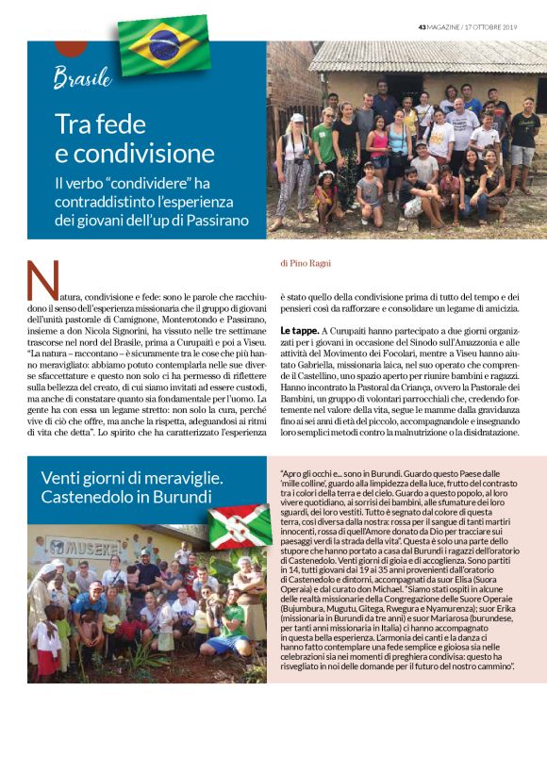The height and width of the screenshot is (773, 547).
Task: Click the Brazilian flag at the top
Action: (165, 44)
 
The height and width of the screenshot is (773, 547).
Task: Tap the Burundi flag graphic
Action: (240, 526)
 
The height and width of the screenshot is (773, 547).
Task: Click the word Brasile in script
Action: (82, 77)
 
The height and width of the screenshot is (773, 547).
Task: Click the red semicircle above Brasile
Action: (72, 47)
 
